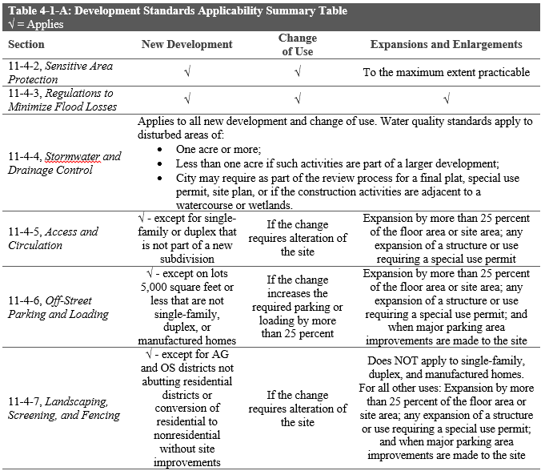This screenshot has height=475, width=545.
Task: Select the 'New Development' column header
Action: pyautogui.click(x=186, y=44)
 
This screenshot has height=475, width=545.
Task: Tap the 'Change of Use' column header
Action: pyautogui.click(x=298, y=44)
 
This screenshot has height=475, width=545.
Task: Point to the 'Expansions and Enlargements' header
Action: pyautogui.click(x=446, y=44)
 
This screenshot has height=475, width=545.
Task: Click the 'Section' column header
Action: pyautogui.click(x=27, y=44)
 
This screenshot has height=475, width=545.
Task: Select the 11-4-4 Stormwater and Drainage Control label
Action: pyautogui.click(x=63, y=163)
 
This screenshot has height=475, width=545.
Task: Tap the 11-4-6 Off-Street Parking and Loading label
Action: pyautogui.click(x=58, y=307)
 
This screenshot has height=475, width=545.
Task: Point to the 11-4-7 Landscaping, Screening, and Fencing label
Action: pyautogui.click(x=64, y=407)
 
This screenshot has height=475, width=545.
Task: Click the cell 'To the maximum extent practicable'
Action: pyautogui.click(x=446, y=72)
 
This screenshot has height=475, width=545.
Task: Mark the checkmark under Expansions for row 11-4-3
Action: pyautogui.click(x=446, y=99)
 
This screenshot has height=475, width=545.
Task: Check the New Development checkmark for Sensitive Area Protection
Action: pyautogui.click(x=186, y=72)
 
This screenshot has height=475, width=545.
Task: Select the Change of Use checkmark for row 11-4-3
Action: pyautogui.click(x=297, y=99)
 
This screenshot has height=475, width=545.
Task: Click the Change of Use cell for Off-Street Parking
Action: pyautogui.click(x=298, y=307)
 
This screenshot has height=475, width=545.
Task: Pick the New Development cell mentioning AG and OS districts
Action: pyautogui.click(x=186, y=407)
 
